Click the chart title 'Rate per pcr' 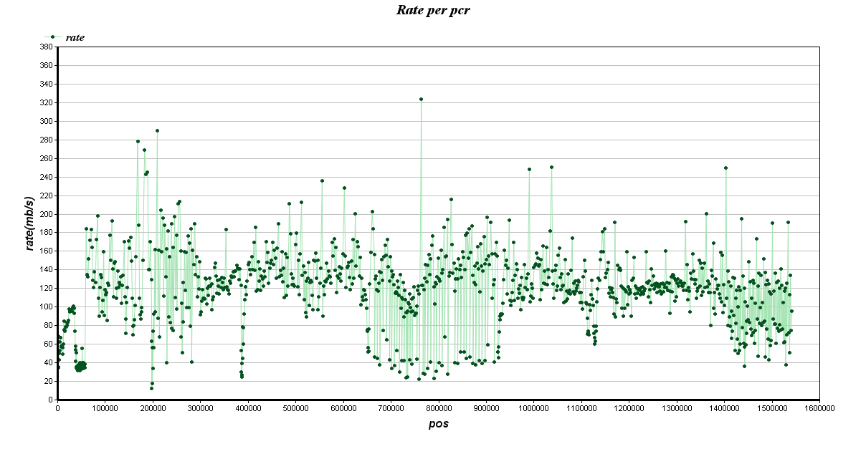432,10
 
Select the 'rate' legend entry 75,37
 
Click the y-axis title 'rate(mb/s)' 30,223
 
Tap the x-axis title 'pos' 438,424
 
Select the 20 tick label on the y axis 47,382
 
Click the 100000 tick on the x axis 105,409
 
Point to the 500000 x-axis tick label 295,409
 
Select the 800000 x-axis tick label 438,409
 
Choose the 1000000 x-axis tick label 533,409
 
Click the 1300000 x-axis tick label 676,409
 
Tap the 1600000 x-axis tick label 819,409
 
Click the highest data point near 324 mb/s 421,99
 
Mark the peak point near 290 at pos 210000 157,130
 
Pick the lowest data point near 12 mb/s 151,388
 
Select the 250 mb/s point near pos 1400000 725,168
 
